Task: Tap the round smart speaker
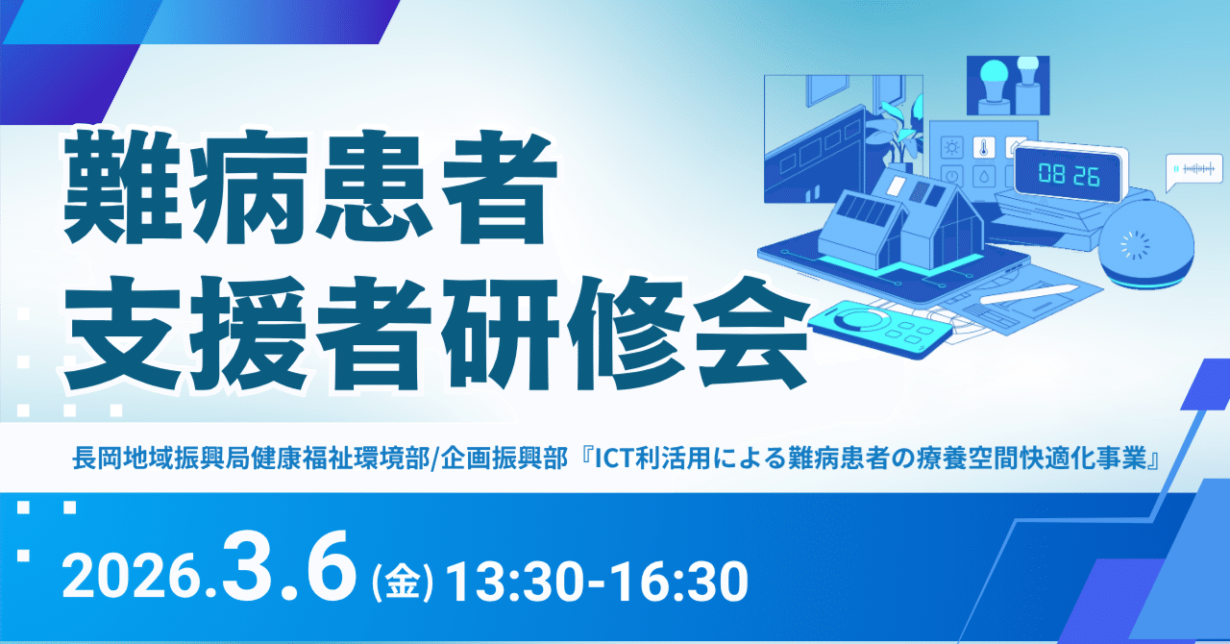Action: pos(1146,246)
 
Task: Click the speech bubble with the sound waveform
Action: pos(1194,170)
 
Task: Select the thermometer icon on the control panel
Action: pos(984,147)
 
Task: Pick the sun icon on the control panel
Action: pos(951,147)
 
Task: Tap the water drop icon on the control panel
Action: pos(983,176)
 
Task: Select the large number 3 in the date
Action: pos(255,567)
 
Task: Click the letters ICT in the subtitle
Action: pos(615,458)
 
